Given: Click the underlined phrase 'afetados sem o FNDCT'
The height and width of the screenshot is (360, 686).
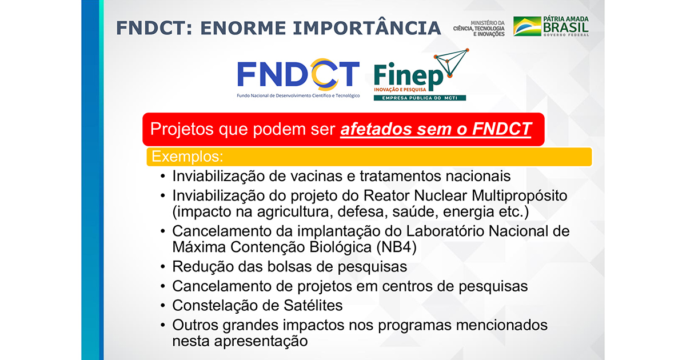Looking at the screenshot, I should pyautogui.click(x=436, y=129).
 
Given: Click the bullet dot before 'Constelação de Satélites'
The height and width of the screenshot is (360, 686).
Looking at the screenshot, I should pyautogui.click(x=164, y=306).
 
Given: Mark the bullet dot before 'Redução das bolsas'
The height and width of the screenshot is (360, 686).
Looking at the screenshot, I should pyautogui.click(x=164, y=267).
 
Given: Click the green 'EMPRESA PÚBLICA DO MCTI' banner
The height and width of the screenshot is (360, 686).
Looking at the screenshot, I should pyautogui.click(x=420, y=98).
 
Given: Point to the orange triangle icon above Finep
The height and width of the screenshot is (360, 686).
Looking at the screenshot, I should pyautogui.click(x=452, y=63).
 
